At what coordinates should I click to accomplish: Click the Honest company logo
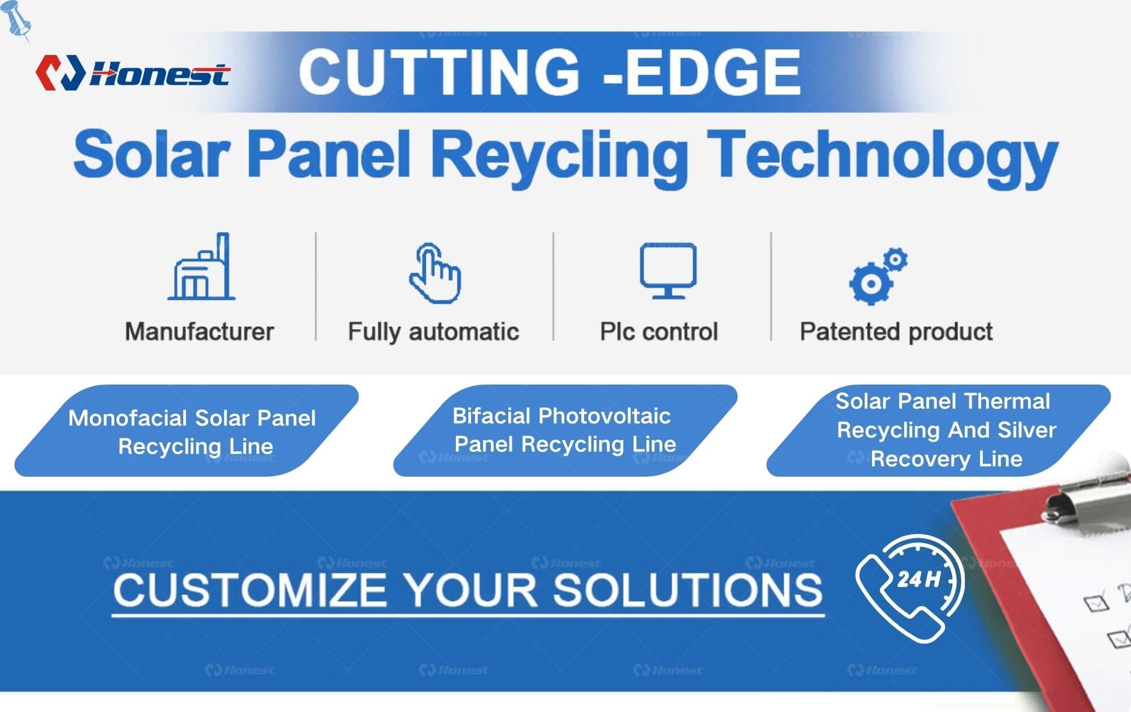(132, 73)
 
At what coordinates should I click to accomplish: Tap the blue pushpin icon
(17, 20)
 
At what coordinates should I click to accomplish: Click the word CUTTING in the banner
(439, 72)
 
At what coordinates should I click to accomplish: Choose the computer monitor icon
(668, 270)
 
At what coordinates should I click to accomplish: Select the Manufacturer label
(199, 331)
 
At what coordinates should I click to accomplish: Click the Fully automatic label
(433, 331)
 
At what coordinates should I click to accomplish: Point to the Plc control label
(659, 331)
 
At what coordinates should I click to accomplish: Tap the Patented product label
(896, 331)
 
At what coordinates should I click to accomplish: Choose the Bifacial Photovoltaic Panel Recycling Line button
(564, 430)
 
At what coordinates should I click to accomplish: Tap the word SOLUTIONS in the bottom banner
(687, 590)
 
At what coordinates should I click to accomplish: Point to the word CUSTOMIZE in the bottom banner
(249, 590)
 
